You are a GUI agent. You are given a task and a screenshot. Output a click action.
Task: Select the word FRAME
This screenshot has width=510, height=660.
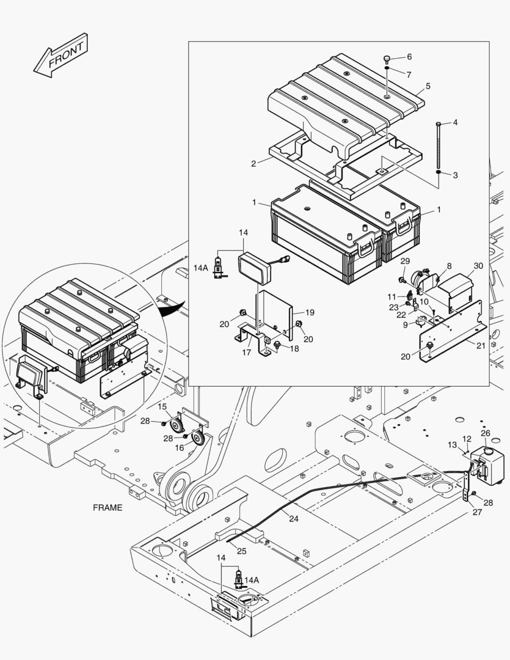[107, 507]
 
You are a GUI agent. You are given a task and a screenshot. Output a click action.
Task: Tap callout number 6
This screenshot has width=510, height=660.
[409, 57]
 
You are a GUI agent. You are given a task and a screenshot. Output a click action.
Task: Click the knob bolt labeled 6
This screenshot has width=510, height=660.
[387, 59]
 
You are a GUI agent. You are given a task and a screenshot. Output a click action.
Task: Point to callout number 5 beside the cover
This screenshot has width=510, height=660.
[428, 86]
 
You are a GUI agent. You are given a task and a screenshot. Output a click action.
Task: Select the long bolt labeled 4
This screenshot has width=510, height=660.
[439, 147]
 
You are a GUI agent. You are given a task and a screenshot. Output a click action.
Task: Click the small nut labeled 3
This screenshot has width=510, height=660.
[439, 173]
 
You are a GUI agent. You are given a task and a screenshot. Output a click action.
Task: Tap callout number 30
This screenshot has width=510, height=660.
[478, 266]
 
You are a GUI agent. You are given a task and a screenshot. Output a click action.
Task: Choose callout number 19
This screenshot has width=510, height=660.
[310, 312]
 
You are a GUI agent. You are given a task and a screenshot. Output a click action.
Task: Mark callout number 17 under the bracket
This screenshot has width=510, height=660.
[246, 352]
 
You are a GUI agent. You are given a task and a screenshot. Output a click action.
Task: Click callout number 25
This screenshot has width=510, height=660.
[241, 551]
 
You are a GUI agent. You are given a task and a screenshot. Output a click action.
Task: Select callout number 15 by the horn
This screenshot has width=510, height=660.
[162, 406]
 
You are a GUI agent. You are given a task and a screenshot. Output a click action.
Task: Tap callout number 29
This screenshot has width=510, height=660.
[404, 262]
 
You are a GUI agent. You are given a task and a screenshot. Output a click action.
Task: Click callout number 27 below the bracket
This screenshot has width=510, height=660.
[477, 512]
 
